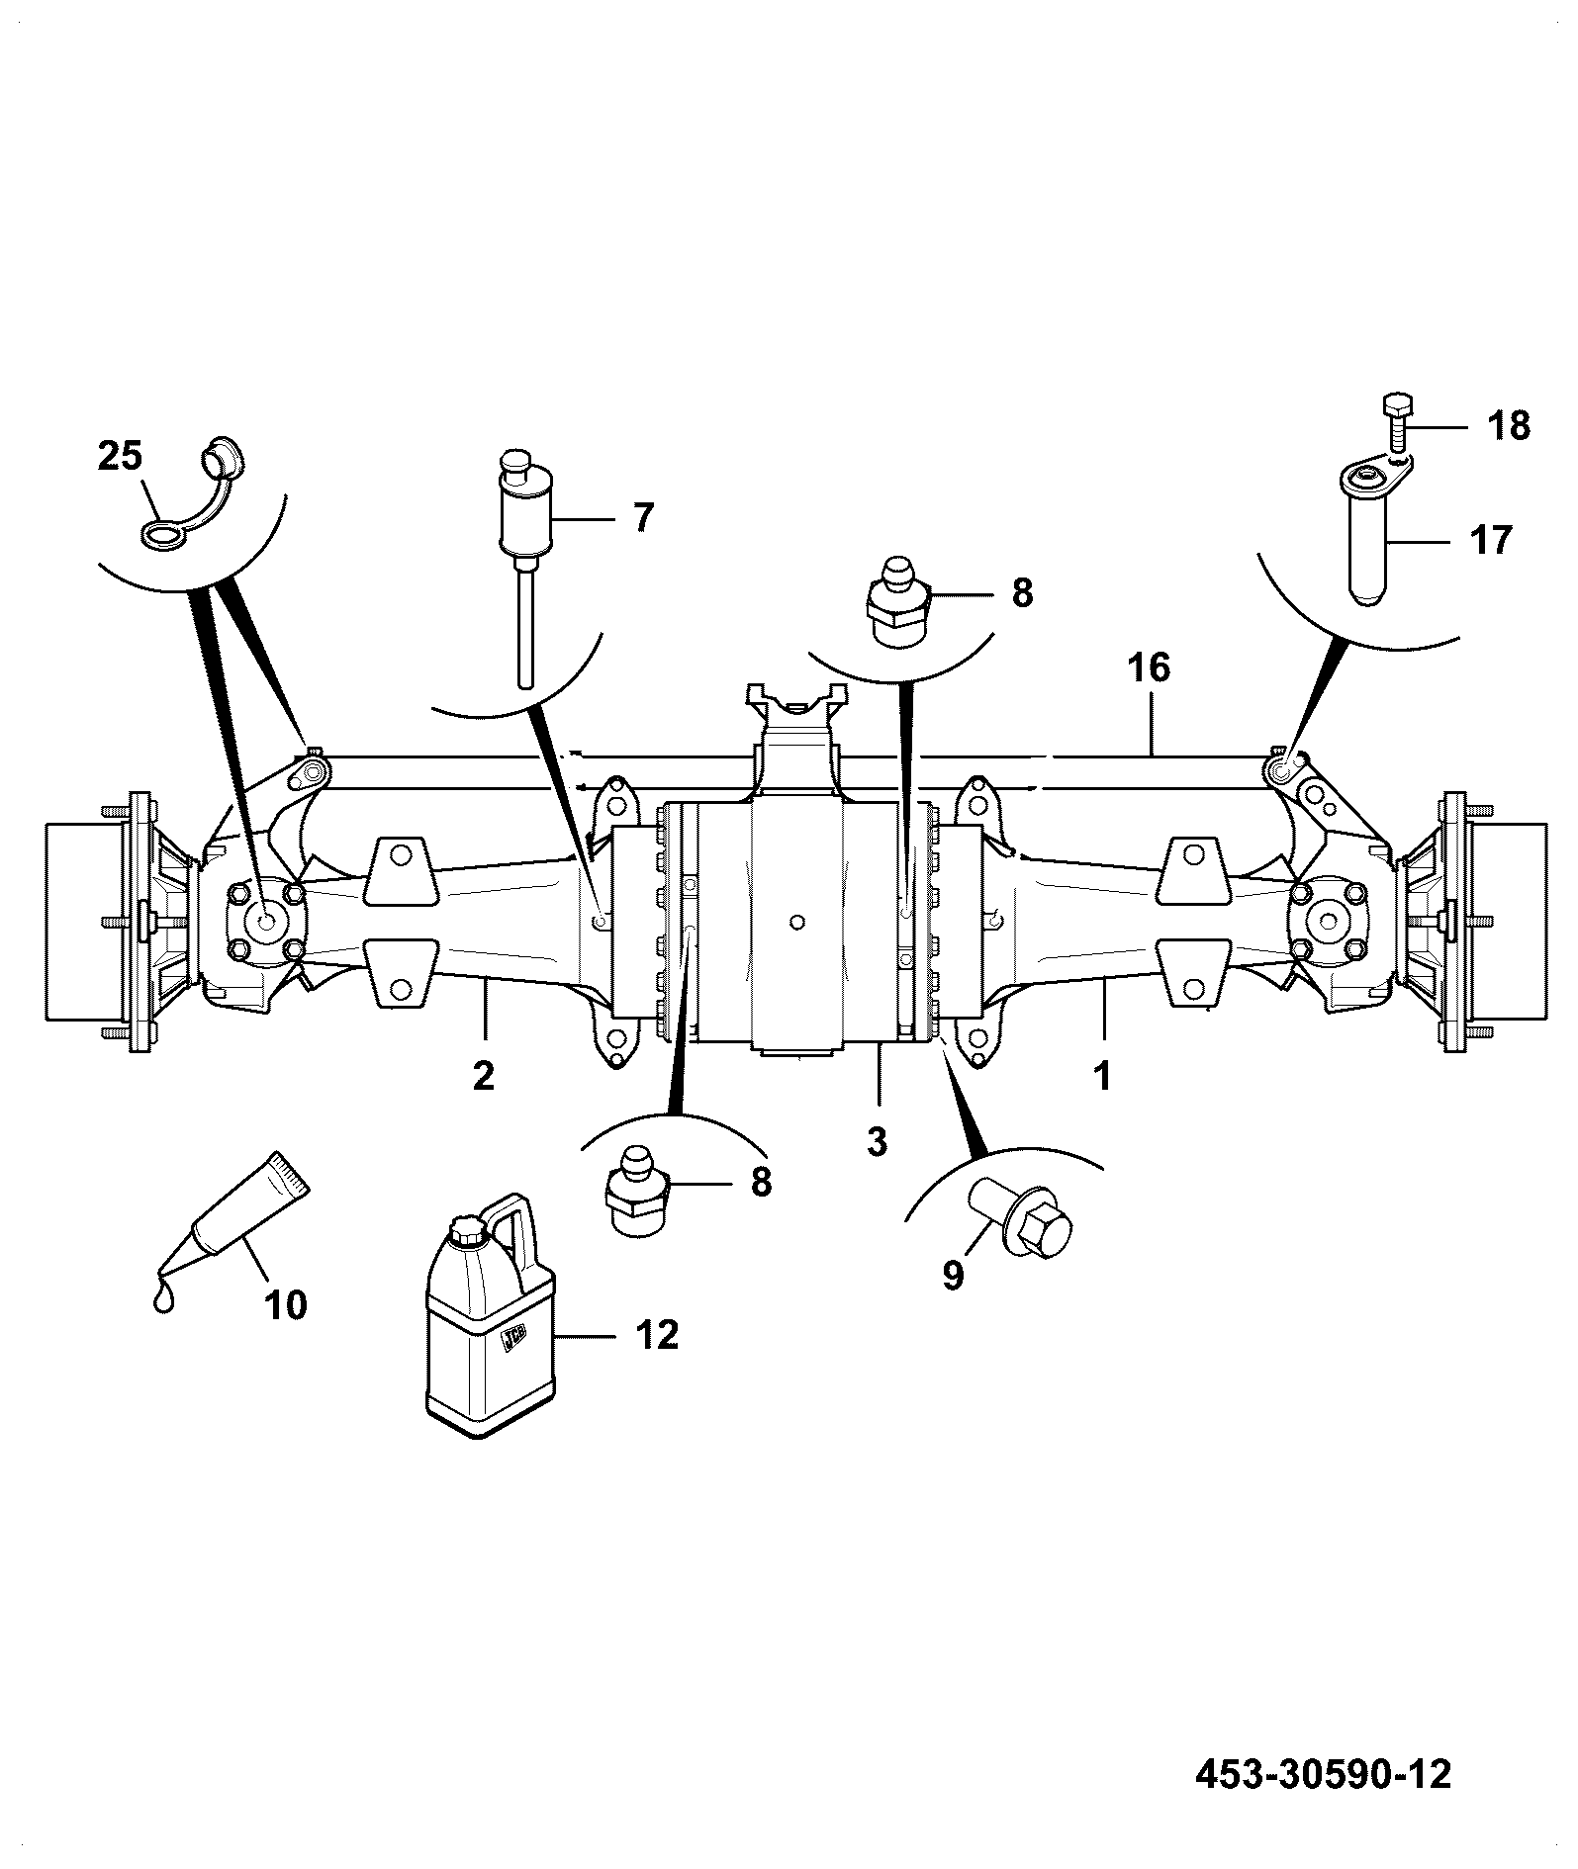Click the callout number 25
120,457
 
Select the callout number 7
643,517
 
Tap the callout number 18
1509,426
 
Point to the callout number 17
1492,541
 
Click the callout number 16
1149,668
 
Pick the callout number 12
657,1335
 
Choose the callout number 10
286,1305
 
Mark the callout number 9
952,1276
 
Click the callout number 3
877,1141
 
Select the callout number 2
483,1075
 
